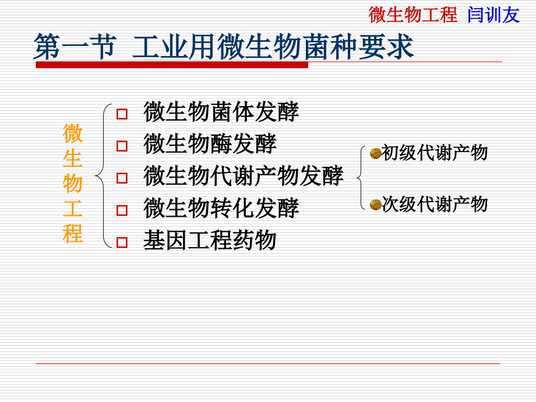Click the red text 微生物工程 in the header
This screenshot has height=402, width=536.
[413, 15]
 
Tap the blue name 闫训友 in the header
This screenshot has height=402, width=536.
[493, 15]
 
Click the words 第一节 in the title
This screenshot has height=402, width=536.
[74, 47]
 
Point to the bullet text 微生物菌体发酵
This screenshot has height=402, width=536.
[221, 112]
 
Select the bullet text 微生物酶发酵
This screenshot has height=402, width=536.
[210, 144]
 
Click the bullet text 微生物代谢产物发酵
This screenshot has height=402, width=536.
[243, 176]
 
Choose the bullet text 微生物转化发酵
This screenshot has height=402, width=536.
[221, 208]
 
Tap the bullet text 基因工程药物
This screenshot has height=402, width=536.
[210, 240]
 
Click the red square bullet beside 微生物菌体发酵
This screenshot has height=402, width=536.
[122, 114]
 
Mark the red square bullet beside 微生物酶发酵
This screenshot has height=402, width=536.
[122, 146]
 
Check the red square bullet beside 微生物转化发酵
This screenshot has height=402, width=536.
[122, 210]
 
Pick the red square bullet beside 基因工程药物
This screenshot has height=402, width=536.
[122, 242]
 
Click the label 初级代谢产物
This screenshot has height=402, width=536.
[435, 153]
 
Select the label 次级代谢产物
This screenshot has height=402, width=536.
[435, 204]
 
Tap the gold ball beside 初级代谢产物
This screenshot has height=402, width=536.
[375, 153]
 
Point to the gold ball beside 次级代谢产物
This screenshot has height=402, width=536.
[375, 204]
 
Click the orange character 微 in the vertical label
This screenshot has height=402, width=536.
[73, 133]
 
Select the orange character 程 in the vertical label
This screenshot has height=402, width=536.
[73, 234]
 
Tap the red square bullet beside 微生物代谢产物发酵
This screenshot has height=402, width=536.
[122, 178]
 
